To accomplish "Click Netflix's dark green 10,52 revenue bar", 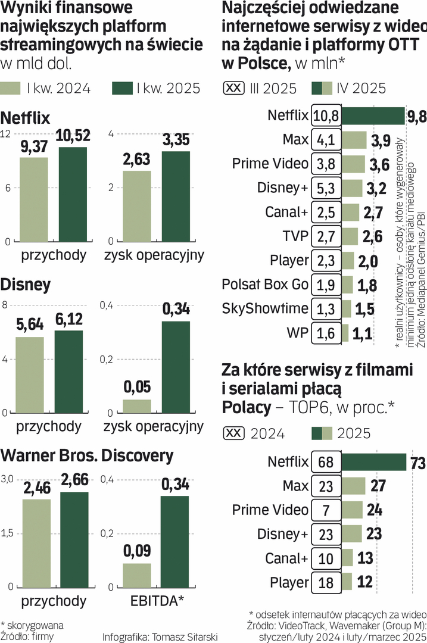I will (x=72, y=195).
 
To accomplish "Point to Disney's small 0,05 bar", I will (x=137, y=407).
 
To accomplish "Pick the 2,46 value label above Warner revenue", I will (x=37, y=489).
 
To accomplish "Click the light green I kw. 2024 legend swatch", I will (x=11, y=89).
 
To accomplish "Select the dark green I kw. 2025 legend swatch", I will (x=121, y=89).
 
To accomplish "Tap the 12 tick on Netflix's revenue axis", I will (x=6, y=134).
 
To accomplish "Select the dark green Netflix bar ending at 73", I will (x=373, y=461).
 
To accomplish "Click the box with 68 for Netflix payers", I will (x=326, y=461).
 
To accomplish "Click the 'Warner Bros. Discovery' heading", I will (x=87, y=456).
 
